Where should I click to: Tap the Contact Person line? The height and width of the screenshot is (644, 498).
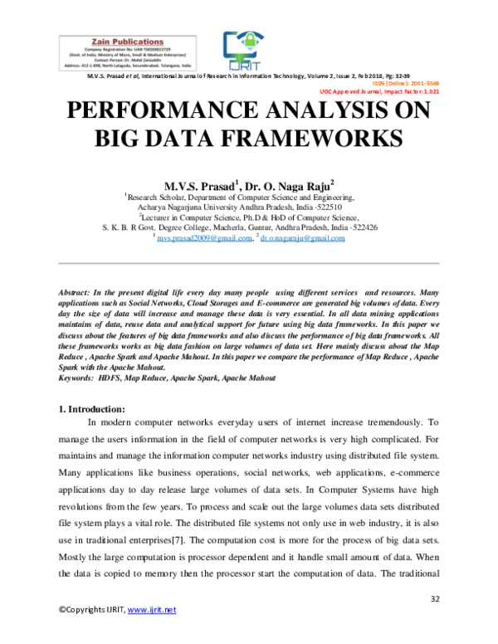click(x=127, y=60)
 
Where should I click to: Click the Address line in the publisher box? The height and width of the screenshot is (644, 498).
click(x=127, y=66)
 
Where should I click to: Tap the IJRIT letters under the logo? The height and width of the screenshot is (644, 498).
click(x=243, y=65)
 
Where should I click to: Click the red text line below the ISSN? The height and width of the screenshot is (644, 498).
click(x=379, y=91)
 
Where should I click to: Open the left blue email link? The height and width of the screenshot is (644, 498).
click(x=204, y=239)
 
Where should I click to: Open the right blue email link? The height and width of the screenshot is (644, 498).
click(x=302, y=239)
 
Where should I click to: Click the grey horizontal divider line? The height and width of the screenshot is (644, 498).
click(x=249, y=264)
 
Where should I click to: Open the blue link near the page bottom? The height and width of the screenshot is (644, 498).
click(x=152, y=611)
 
